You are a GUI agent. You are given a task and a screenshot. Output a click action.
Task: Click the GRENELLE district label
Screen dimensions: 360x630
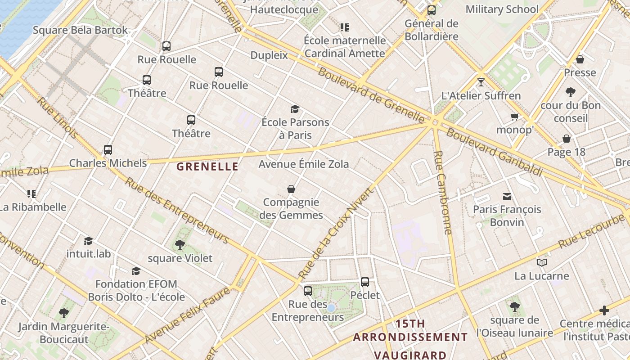(x=207, y=166)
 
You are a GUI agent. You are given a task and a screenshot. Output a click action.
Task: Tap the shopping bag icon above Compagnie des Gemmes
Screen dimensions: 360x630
(x=291, y=189)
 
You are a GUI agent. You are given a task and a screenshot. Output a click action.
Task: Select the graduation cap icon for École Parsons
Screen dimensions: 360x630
(x=295, y=109)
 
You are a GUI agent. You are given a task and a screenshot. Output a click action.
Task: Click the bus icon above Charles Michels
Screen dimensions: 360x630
(x=108, y=150)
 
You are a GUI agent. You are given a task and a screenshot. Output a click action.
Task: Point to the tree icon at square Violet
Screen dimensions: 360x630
(x=180, y=245)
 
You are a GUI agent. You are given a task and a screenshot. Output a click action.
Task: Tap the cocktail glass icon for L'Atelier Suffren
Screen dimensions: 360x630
(x=481, y=82)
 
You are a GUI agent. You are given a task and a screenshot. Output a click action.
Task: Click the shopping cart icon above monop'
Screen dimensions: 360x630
(x=514, y=117)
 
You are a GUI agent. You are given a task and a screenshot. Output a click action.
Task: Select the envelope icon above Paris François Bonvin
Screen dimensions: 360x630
(x=507, y=196)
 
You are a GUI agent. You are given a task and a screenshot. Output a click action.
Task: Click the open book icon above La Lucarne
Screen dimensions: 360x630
(x=542, y=262)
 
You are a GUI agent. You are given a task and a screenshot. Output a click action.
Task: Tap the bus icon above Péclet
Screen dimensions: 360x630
(x=365, y=282)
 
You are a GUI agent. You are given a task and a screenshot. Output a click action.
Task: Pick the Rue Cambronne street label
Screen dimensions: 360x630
(x=442, y=193)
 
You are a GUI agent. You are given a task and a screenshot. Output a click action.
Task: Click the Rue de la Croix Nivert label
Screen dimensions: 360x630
(x=336, y=233)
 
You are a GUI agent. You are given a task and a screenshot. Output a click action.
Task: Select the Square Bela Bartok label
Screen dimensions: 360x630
(x=81, y=30)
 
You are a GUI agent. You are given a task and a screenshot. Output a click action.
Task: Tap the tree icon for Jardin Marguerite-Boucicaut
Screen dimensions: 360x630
(x=64, y=313)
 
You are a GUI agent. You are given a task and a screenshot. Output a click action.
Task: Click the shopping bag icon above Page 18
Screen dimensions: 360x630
(x=567, y=139)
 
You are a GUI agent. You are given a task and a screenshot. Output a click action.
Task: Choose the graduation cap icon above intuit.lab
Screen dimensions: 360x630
(x=88, y=241)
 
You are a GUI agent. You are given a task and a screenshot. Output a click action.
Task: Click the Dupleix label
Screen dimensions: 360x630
(x=269, y=55)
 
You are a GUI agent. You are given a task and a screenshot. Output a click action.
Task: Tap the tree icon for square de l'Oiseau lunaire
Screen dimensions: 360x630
(x=514, y=307)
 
